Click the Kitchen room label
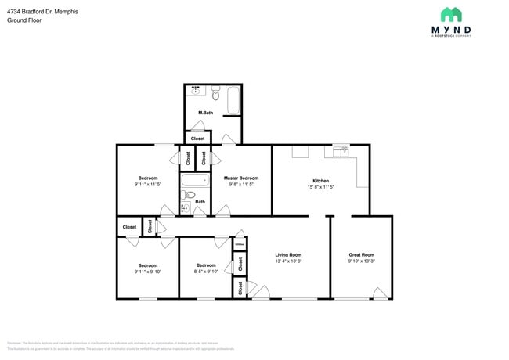click(x=320, y=181)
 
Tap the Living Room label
click(x=288, y=255)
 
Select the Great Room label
click(x=361, y=255)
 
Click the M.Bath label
click(x=205, y=113)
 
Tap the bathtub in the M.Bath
click(x=233, y=99)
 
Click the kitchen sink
click(x=341, y=152)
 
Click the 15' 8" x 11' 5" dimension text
click(x=320, y=187)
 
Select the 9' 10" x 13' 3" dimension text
click(x=361, y=261)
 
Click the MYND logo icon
click(x=450, y=15)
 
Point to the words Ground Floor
click(x=24, y=20)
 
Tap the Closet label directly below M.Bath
click(x=197, y=139)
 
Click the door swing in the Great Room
click(x=380, y=293)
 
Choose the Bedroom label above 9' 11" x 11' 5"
click(x=148, y=178)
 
